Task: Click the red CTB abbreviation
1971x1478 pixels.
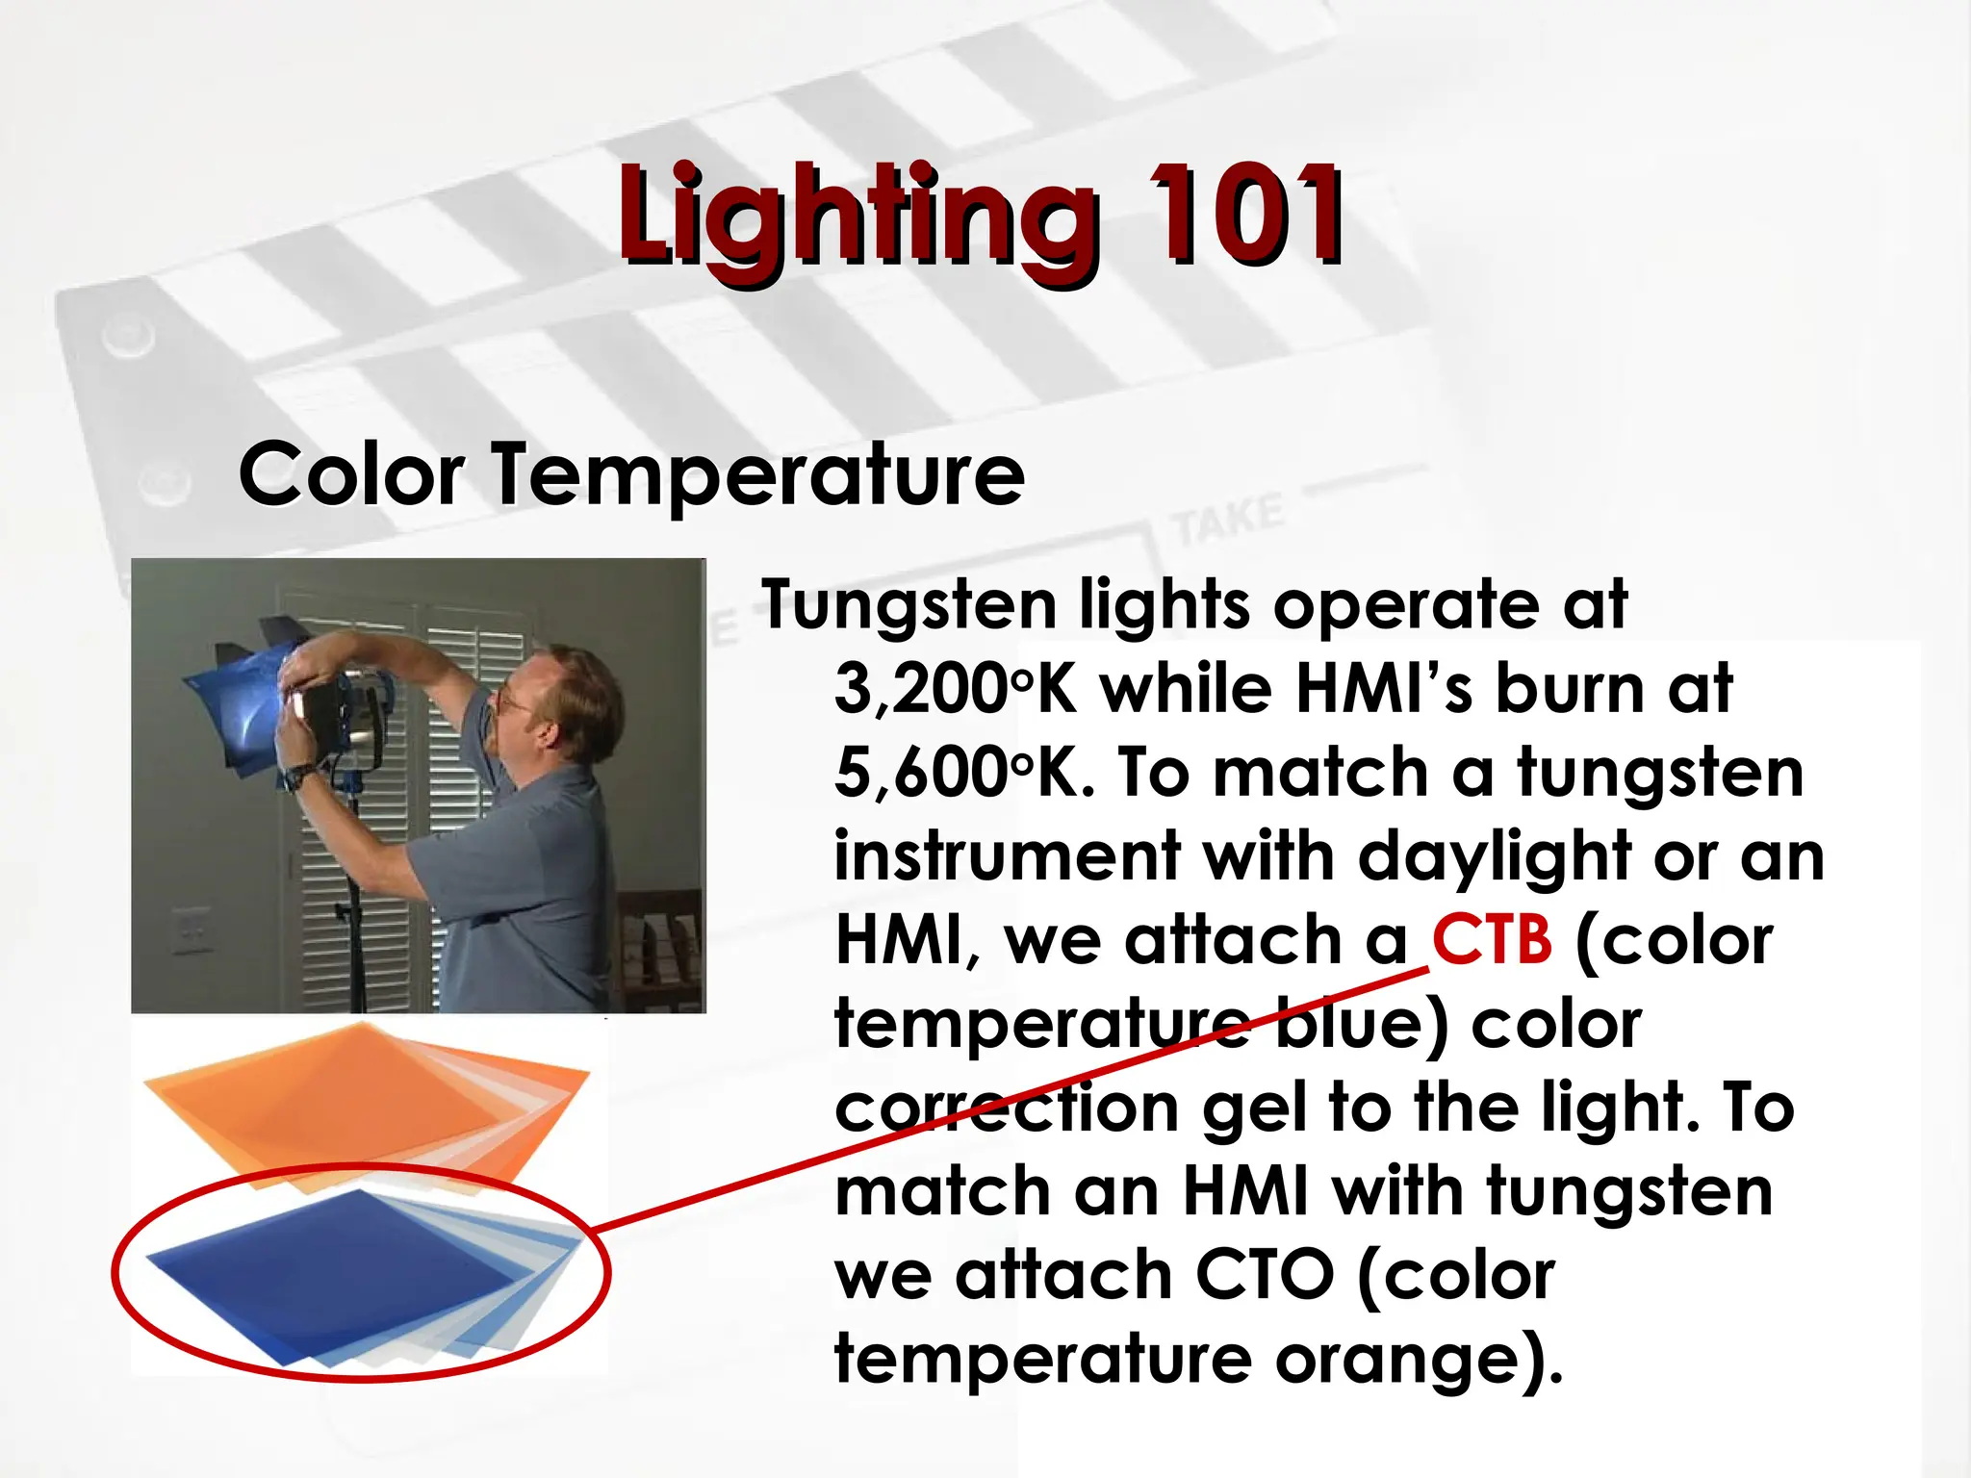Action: pyautogui.click(x=1492, y=940)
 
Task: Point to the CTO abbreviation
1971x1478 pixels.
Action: pyautogui.click(x=1264, y=1275)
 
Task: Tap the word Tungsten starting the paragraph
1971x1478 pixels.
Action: pyautogui.click(x=909, y=606)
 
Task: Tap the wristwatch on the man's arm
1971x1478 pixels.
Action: pyautogui.click(x=300, y=776)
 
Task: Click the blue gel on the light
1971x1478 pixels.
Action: pyautogui.click(x=241, y=702)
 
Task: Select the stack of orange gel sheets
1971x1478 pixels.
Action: pyautogui.click(x=366, y=1097)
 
